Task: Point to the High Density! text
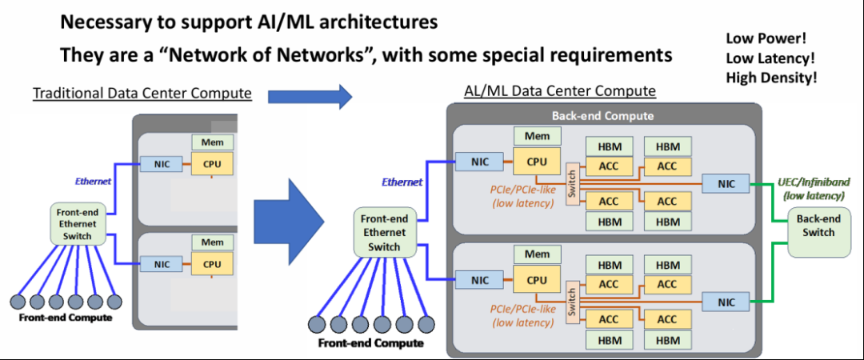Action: coord(771,78)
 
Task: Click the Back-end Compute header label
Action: coord(602,115)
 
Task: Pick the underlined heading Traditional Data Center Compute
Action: coord(142,94)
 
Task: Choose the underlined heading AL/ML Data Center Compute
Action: coord(560,91)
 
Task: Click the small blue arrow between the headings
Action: coord(310,97)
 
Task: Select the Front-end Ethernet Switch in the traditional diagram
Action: coord(76,224)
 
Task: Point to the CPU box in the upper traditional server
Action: coord(212,164)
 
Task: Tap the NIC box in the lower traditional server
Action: coord(162,264)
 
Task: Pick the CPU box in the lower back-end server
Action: coord(538,280)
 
